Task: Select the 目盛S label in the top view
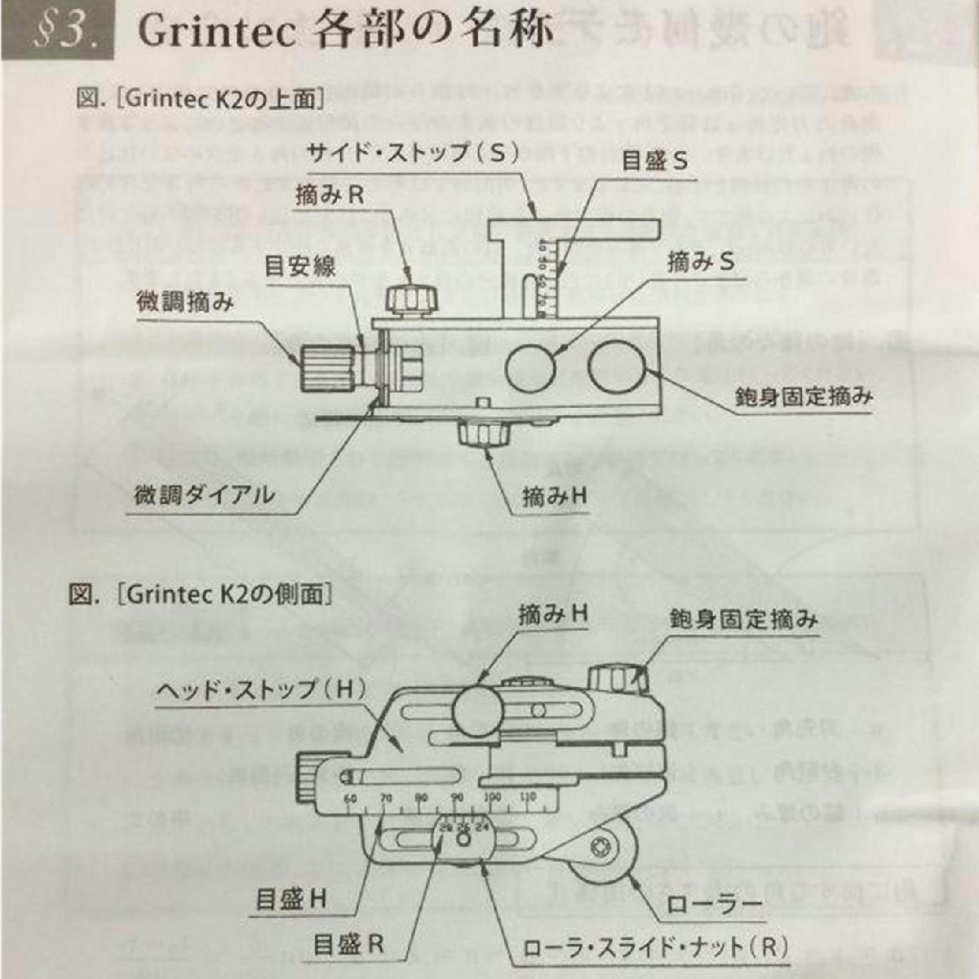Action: (x=654, y=161)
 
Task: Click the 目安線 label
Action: (x=299, y=267)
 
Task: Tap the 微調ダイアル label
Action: (x=204, y=494)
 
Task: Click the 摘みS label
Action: (x=701, y=262)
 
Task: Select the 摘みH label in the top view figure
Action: (x=555, y=497)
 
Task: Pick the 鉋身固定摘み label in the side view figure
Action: (x=743, y=619)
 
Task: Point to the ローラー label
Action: (x=714, y=905)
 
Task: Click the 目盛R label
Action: (x=348, y=946)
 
